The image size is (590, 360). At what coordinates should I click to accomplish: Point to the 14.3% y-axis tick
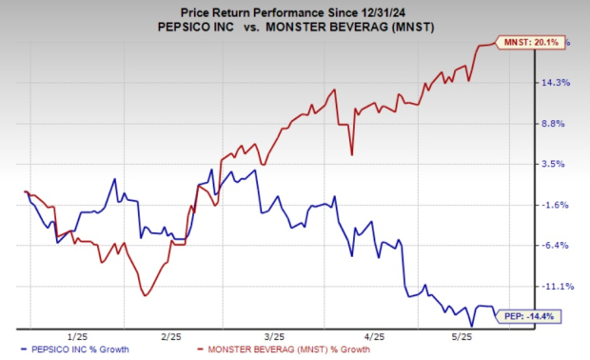click(556, 83)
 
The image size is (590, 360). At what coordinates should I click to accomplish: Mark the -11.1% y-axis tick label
click(556, 286)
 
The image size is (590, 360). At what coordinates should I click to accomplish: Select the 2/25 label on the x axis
click(172, 336)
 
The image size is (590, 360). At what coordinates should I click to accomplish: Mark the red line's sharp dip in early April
click(352, 153)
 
